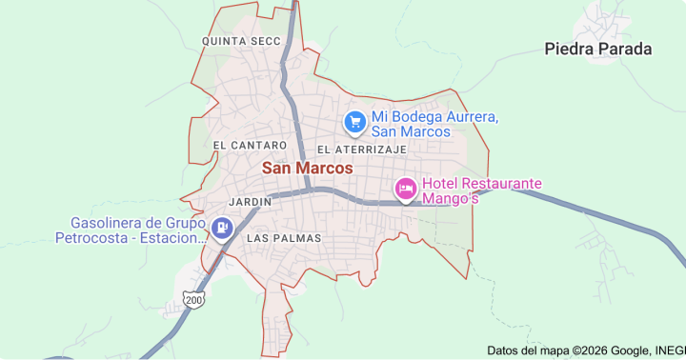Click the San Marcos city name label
tap(306, 168)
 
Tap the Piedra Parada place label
tap(597, 49)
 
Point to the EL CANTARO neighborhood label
tap(250, 145)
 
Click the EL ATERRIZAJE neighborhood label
tap(362, 150)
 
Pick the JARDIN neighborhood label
tap(252, 202)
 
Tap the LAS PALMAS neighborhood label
tap(283, 237)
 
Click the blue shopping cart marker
tap(354, 122)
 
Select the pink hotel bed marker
tap(406, 190)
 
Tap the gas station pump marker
tap(222, 228)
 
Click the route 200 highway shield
tap(194, 299)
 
